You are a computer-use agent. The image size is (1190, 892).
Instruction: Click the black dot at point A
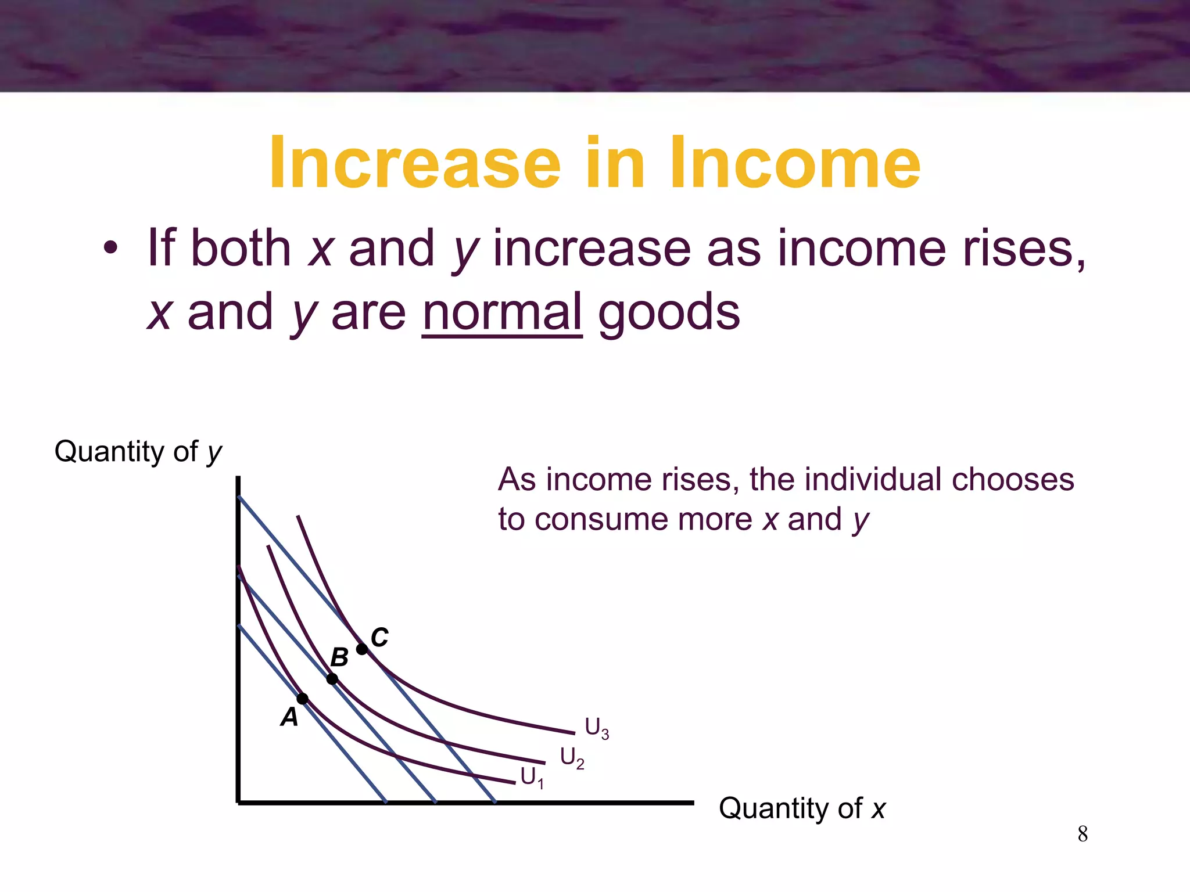coord(303,698)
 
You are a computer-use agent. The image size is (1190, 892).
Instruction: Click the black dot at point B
coord(332,678)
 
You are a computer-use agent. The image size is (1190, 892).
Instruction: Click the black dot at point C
coord(361,649)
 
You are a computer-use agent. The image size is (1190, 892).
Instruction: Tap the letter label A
coord(289,718)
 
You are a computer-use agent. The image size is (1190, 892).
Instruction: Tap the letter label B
coord(339,658)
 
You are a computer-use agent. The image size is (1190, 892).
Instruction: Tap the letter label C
coord(379,637)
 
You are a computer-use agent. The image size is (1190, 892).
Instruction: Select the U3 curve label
coord(597,728)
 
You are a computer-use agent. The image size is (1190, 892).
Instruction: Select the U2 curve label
coord(572,758)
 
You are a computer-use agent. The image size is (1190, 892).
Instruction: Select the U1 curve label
coord(532,778)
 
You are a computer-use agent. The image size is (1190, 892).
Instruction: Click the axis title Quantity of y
coord(138,452)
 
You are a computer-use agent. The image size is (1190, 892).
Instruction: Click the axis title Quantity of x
coord(802,808)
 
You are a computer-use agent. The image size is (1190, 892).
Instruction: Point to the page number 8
coord(1083,834)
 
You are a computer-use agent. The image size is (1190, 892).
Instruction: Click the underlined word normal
coord(502,312)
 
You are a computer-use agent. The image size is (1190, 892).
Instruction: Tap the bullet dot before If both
coord(110,249)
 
